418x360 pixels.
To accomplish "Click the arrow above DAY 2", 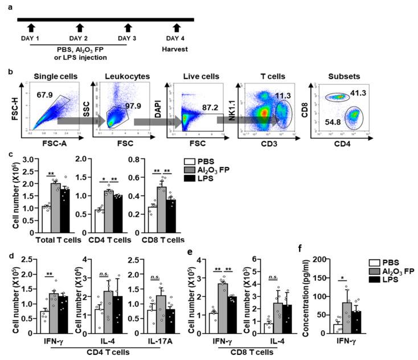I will coord(80,27).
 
